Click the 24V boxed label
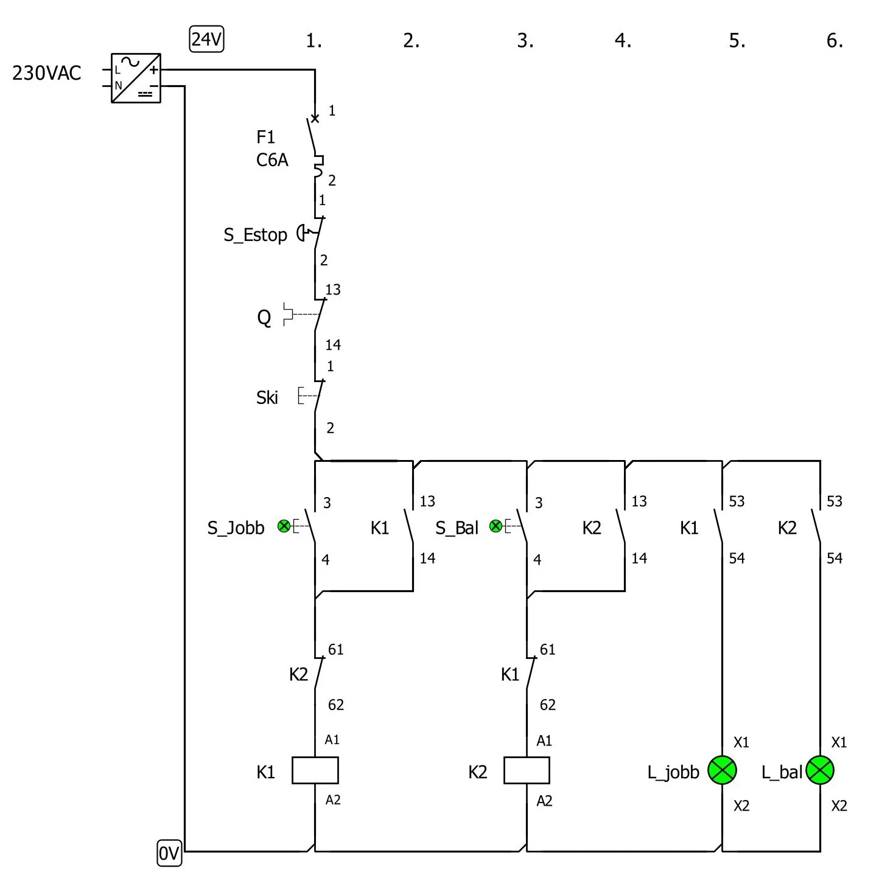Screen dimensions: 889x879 pyautogui.click(x=206, y=40)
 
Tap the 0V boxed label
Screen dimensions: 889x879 pyautogui.click(x=169, y=854)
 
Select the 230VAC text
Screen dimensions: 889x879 pyautogui.click(x=46, y=73)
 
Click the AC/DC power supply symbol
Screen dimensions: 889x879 pyautogui.click(x=136, y=78)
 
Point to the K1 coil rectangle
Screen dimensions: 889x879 pyautogui.click(x=315, y=770)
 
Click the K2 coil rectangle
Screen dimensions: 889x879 pyautogui.click(x=527, y=770)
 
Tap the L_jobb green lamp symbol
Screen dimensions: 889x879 pyautogui.click(x=722, y=770)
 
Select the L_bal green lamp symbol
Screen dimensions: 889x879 pyautogui.click(x=820, y=770)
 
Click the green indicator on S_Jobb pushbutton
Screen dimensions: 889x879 pyautogui.click(x=284, y=526)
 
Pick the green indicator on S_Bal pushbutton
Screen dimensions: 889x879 pyautogui.click(x=496, y=526)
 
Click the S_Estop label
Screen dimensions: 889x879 pyautogui.click(x=255, y=235)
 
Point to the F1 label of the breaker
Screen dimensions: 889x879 pyautogui.click(x=265, y=138)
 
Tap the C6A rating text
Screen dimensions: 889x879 pyautogui.click(x=271, y=160)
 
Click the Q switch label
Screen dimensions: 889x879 pyautogui.click(x=264, y=318)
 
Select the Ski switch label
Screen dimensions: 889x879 pyautogui.click(x=267, y=398)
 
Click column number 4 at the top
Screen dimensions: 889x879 pyautogui.click(x=622, y=41)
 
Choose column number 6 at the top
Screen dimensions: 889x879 pyautogui.click(x=834, y=41)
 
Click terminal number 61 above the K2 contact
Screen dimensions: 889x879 pyautogui.click(x=336, y=650)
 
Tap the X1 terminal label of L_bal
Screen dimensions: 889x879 pyautogui.click(x=839, y=742)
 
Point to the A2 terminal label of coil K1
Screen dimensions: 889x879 pyautogui.click(x=333, y=800)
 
